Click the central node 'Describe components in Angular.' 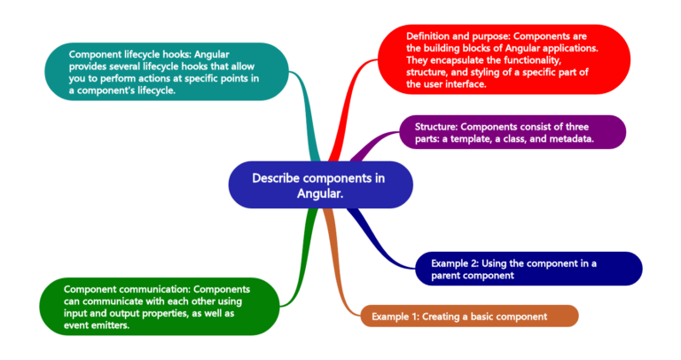click(x=320, y=184)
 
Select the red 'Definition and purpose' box click(x=505, y=59)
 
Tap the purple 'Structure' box click(x=513, y=132)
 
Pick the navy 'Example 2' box click(x=528, y=269)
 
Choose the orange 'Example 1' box click(x=470, y=316)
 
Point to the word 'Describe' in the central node click(x=276, y=177)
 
